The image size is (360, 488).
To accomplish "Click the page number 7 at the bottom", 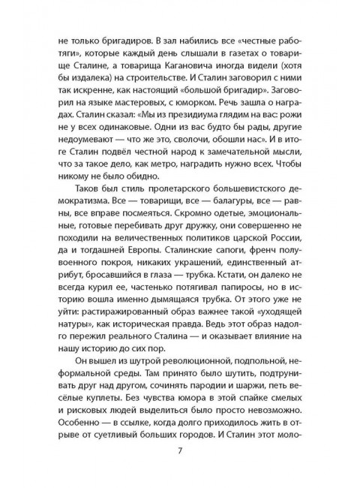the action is (x=180, y=450).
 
